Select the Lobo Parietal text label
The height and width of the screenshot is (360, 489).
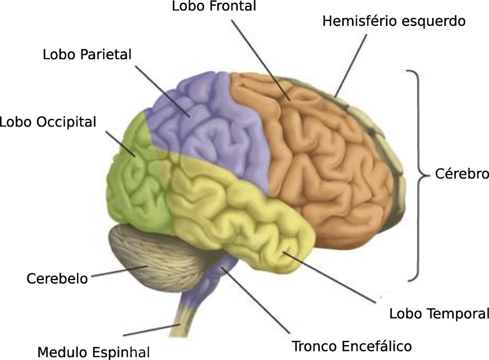(87, 55)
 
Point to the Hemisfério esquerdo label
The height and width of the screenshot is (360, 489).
(394, 21)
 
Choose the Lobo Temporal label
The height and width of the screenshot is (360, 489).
(439, 313)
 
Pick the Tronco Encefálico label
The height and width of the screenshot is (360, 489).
(352, 346)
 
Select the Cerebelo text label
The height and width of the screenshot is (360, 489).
(57, 279)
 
